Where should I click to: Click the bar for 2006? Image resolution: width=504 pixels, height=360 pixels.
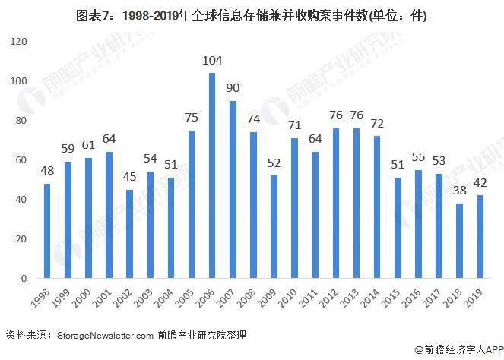(212, 175)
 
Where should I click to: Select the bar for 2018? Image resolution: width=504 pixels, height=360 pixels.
(459, 241)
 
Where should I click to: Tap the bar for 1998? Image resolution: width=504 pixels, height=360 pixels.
(47, 231)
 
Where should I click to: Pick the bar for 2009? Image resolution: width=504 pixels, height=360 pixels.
(274, 227)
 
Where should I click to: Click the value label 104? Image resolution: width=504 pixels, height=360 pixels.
(212, 60)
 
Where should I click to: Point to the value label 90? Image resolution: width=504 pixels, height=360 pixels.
(233, 87)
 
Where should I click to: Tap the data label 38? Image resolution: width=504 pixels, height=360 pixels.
(460, 191)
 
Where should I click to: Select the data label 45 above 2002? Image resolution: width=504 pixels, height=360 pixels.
(129, 177)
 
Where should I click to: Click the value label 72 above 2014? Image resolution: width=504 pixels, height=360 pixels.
(377, 123)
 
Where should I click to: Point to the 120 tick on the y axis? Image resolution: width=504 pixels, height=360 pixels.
(19, 42)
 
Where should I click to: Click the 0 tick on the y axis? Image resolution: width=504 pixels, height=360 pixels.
(24, 278)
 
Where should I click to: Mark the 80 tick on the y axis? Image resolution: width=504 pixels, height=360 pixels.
(21, 121)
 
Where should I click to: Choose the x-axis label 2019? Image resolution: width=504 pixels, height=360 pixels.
(474, 298)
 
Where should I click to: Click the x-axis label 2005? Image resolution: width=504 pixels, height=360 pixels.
(185, 298)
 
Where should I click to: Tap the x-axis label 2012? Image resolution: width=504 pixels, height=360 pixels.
(329, 298)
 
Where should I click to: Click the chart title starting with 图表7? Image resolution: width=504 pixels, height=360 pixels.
(252, 15)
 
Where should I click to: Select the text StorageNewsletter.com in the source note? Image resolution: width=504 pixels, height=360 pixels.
(105, 336)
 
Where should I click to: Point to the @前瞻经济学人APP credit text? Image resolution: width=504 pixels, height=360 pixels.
(459, 349)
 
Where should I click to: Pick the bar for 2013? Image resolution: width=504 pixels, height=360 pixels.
(357, 203)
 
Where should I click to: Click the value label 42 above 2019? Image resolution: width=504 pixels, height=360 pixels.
(480, 183)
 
